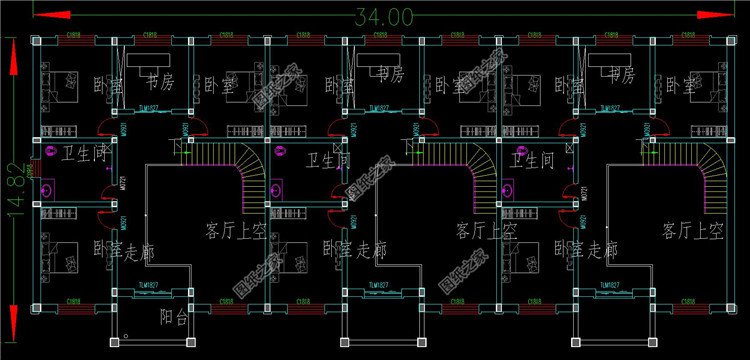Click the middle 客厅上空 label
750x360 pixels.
pyautogui.click(x=486, y=231)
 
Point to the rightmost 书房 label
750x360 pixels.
pyautogui.click(x=620, y=76)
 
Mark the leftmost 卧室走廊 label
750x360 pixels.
pyautogui.click(x=124, y=250)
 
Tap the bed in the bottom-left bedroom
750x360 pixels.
pyautogui.click(x=61, y=250)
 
